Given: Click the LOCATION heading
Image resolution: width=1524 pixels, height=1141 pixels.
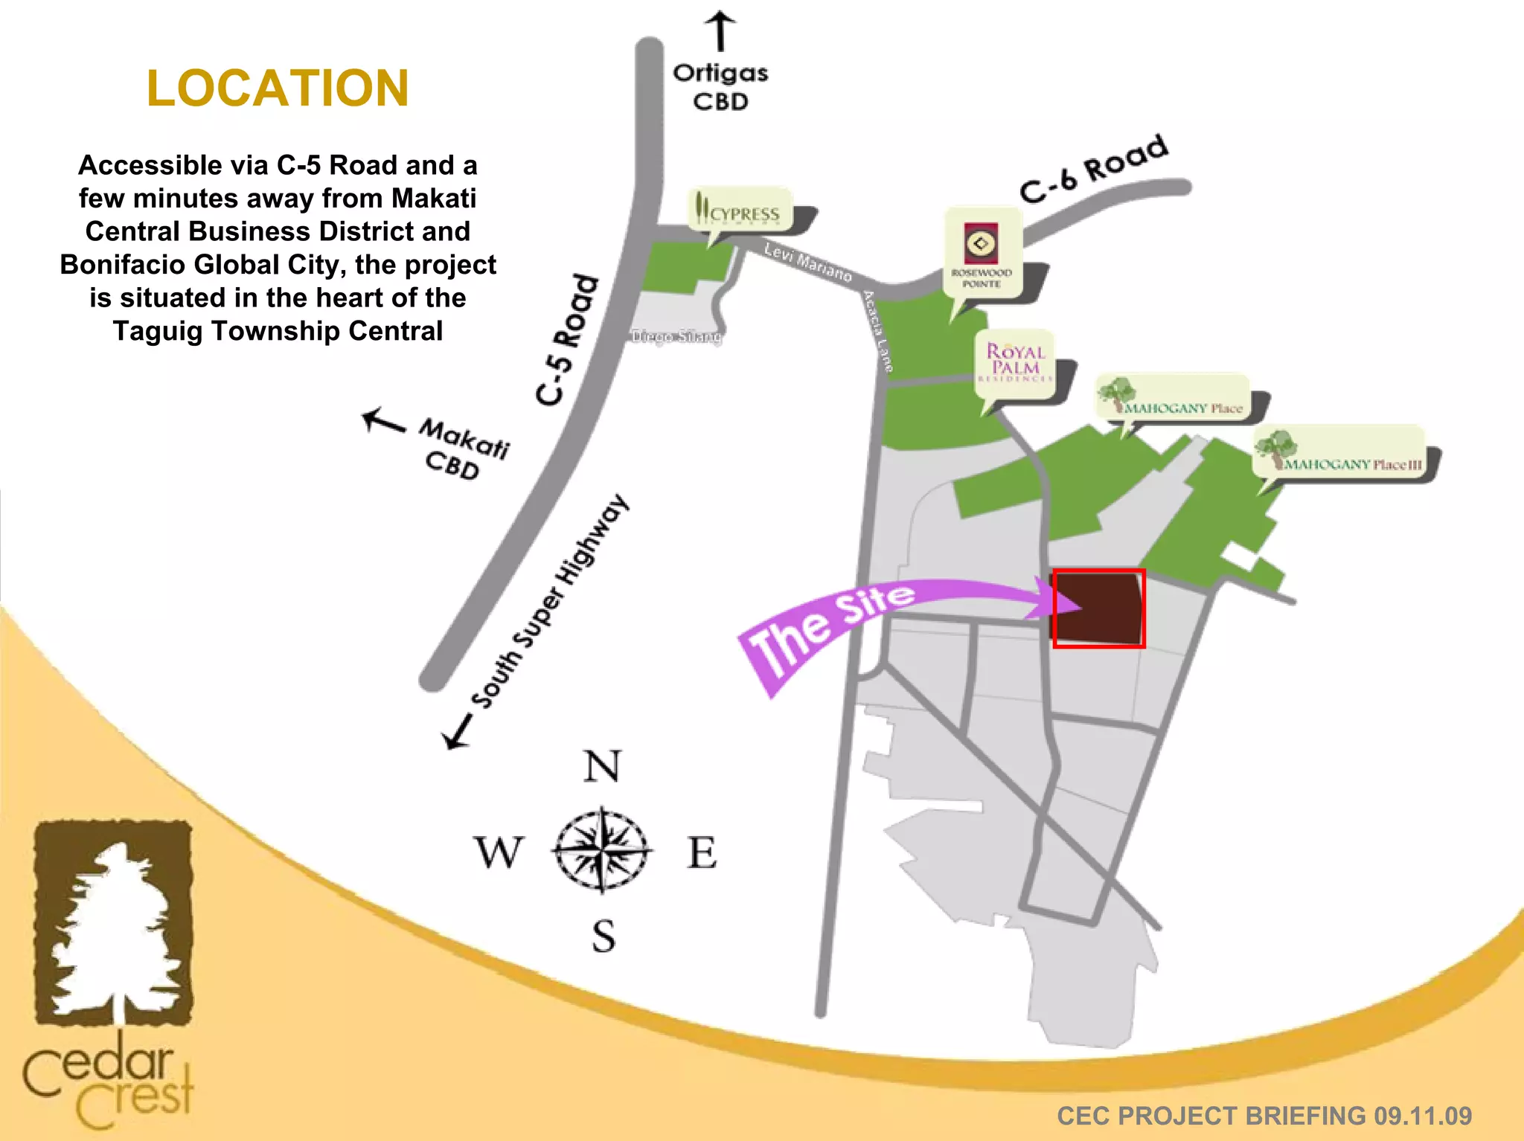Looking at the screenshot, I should click(x=278, y=89).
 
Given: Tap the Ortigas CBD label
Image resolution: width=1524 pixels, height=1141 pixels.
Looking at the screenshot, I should click(x=720, y=87).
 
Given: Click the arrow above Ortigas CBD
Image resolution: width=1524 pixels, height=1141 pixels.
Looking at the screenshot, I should click(x=720, y=30).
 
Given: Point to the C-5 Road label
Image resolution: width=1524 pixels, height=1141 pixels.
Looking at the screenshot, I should click(x=568, y=341).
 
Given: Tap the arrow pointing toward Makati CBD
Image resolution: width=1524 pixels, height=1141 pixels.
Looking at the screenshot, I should click(x=383, y=422).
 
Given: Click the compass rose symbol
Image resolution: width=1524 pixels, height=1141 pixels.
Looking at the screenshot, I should click(x=602, y=850).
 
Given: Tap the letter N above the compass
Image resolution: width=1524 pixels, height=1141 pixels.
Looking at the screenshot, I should click(x=602, y=766).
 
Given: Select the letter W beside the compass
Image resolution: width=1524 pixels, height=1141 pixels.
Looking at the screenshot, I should click(x=499, y=852).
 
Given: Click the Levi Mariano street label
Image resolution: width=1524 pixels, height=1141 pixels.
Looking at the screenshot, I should click(x=808, y=262).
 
